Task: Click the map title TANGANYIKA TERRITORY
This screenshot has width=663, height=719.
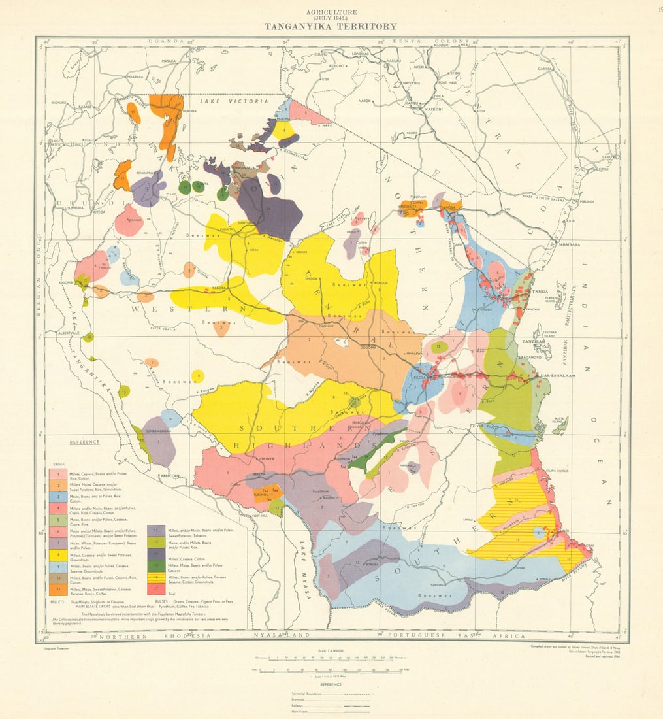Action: [331, 27]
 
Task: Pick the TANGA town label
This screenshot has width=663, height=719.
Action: [539, 291]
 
